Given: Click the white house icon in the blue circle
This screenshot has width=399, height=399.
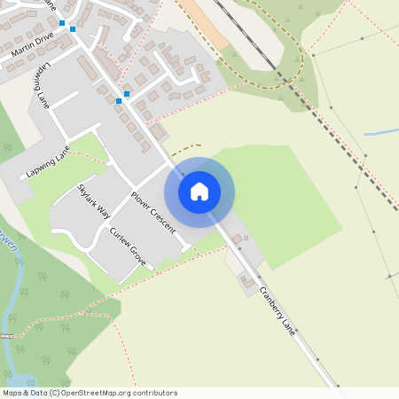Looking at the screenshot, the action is click(x=199, y=192).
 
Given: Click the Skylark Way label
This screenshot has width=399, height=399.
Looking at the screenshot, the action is click(x=94, y=200).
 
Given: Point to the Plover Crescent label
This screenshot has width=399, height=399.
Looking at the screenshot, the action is click(x=153, y=212).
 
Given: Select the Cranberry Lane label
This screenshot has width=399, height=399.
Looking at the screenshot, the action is click(x=277, y=313).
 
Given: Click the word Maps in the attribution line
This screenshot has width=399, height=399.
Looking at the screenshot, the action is click(x=12, y=393).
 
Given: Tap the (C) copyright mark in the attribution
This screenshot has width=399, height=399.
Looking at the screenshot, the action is click(x=55, y=393).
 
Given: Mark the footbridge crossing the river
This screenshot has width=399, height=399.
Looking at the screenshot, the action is click(x=6, y=336).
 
